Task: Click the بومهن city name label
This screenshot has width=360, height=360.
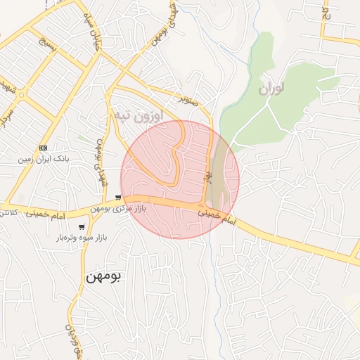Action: point(103,276)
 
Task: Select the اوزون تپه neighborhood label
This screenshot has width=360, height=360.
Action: point(139,114)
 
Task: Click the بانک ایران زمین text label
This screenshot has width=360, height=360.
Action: point(44,160)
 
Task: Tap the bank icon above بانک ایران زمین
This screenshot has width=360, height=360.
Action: point(44,148)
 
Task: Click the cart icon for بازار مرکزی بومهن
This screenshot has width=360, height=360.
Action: point(119,198)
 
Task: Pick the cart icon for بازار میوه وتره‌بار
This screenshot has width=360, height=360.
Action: point(82,226)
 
